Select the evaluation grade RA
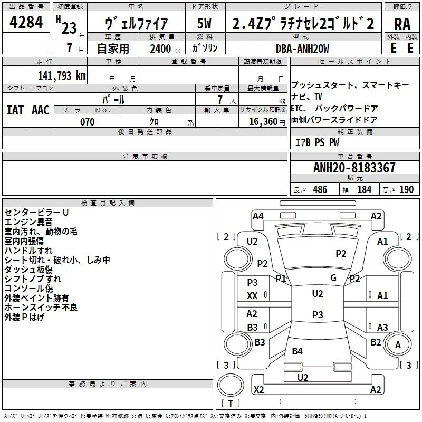[x=402, y=24]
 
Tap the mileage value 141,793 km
[x=62, y=75]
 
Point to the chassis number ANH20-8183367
[x=354, y=168]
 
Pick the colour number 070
[x=88, y=122]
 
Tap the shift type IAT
[x=15, y=110]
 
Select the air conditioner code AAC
[x=41, y=110]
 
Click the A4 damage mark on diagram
[x=258, y=216]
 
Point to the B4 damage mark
[x=298, y=351]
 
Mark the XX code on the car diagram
[x=252, y=296]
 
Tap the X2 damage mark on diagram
[x=258, y=390]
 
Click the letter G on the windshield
[x=333, y=278]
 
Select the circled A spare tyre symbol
[x=398, y=344]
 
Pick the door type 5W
[x=205, y=24]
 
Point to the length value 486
[x=320, y=190]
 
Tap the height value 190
[x=406, y=190]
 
